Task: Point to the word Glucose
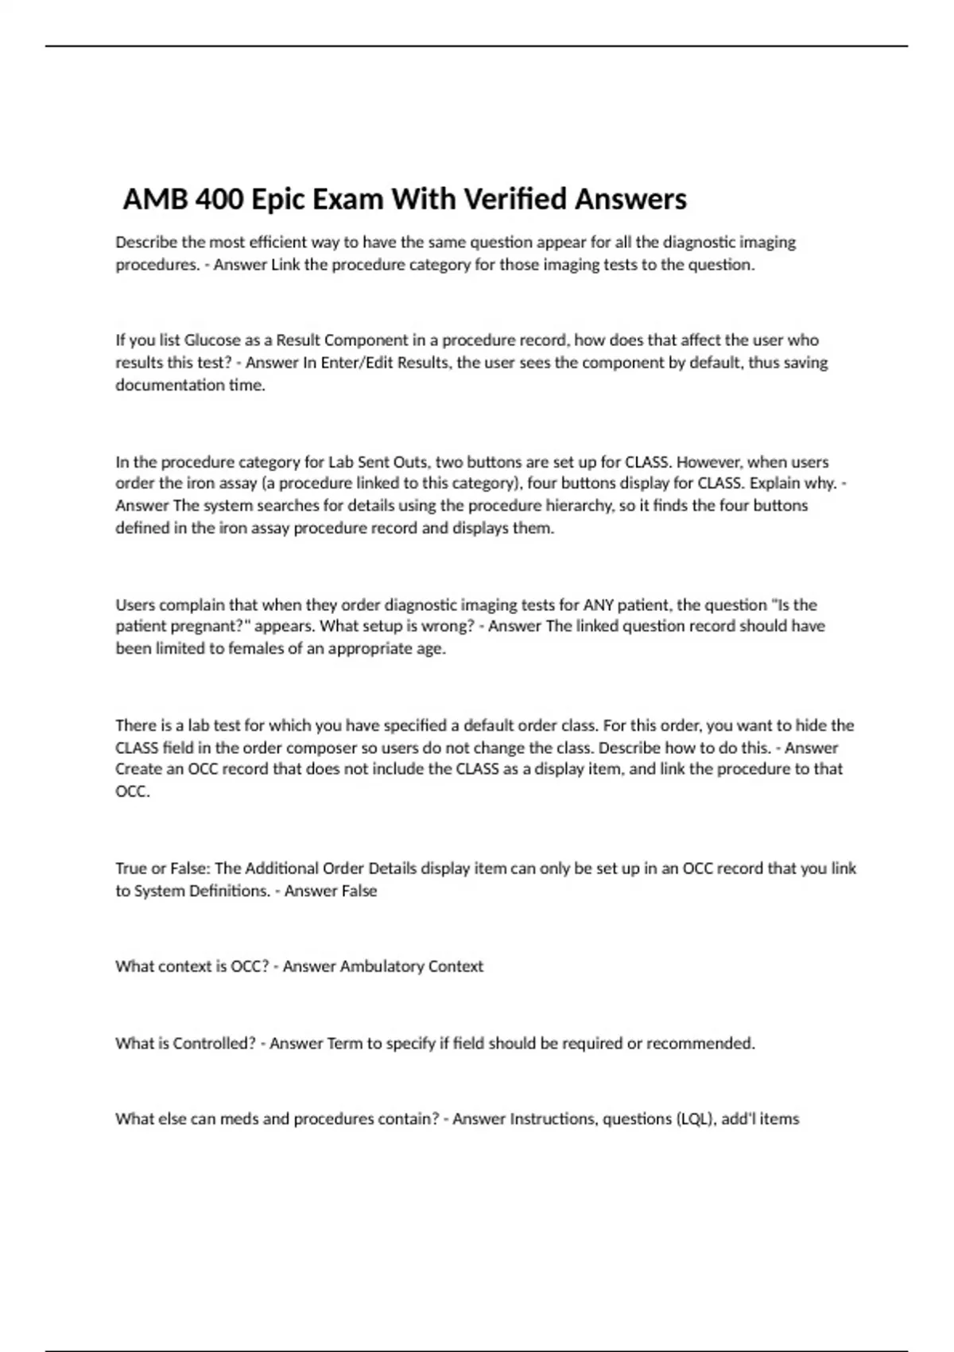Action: (212, 340)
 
